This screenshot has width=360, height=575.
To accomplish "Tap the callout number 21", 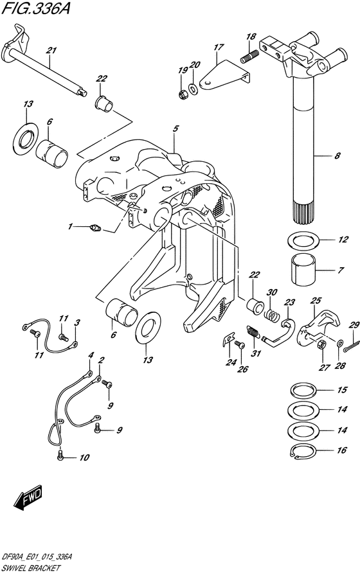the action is [x=51, y=51].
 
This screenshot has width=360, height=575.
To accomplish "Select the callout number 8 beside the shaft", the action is [x=337, y=156].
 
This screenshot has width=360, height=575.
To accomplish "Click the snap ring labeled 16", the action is [x=303, y=451].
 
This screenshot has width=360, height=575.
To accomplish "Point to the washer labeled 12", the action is [x=303, y=240].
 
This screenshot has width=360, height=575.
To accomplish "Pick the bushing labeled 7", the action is [x=303, y=270].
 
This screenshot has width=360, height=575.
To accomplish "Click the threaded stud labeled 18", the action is [x=249, y=57].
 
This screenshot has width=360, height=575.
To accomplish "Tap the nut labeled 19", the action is [x=183, y=94].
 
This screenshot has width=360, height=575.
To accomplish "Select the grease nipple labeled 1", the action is [x=94, y=229].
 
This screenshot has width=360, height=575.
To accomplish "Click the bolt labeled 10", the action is [x=61, y=457].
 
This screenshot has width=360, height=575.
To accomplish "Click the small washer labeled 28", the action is [x=340, y=344].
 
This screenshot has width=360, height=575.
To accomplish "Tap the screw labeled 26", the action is [x=240, y=345].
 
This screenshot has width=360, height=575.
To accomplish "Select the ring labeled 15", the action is [x=303, y=390].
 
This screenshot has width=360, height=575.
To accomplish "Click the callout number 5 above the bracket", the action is [x=175, y=128].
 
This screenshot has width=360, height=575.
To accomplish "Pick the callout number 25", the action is [x=316, y=301].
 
